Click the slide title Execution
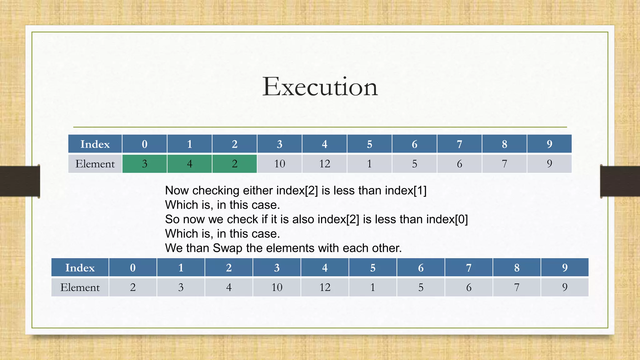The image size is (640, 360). click(320, 87)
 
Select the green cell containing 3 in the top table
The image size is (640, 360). click(144, 164)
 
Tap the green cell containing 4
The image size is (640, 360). click(189, 164)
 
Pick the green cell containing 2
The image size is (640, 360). click(234, 164)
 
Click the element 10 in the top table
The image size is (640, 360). click(279, 164)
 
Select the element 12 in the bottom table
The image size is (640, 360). click(325, 287)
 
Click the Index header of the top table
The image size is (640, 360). click(95, 144)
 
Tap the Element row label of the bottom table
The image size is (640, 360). click(80, 287)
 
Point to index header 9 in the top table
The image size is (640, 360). click(549, 144)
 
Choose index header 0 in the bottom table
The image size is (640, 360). click(133, 268)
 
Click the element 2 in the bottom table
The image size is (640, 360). click(133, 287)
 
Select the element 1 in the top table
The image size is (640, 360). click(369, 164)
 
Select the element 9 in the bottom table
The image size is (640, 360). click(565, 287)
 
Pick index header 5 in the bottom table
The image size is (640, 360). click(373, 268)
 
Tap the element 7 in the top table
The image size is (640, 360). click(504, 164)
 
